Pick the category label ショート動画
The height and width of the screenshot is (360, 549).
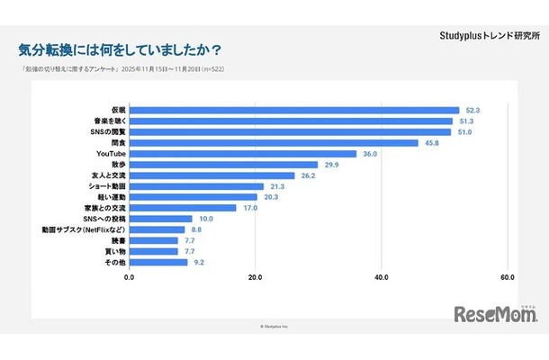coord(104,186)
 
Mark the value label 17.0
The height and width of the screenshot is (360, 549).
coord(253,208)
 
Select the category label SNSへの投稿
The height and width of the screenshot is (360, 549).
coord(103,219)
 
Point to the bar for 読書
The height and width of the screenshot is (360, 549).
coord(154,240)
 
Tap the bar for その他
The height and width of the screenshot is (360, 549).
coord(158,262)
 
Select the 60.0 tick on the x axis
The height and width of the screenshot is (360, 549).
coord(508,277)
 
